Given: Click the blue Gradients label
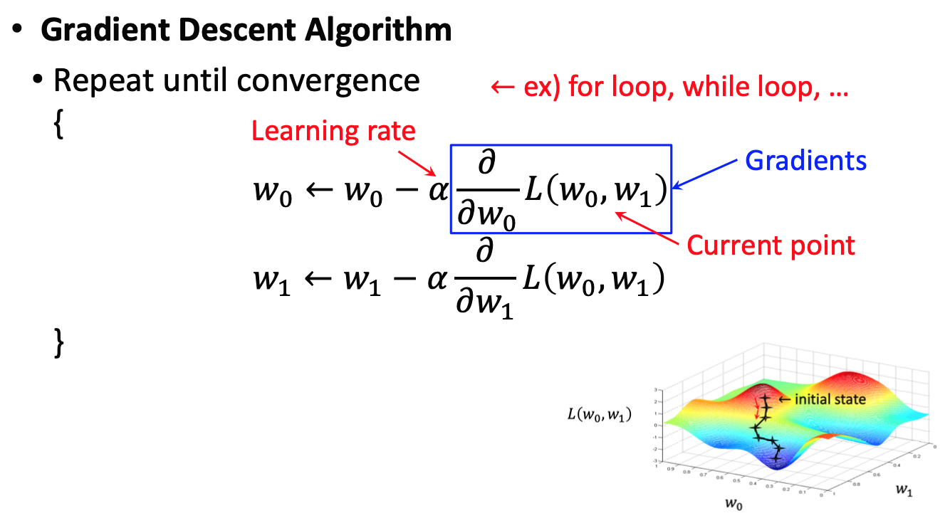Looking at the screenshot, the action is coord(805,161).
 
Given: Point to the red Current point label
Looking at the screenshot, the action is coord(771,245).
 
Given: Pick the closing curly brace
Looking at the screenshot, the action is coord(58,343).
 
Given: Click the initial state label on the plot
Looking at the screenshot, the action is coord(830,399).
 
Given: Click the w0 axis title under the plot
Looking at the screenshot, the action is coord(734,504).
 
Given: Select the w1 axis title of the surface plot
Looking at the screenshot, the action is coord(904,490).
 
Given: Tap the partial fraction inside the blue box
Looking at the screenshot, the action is coord(486,191).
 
